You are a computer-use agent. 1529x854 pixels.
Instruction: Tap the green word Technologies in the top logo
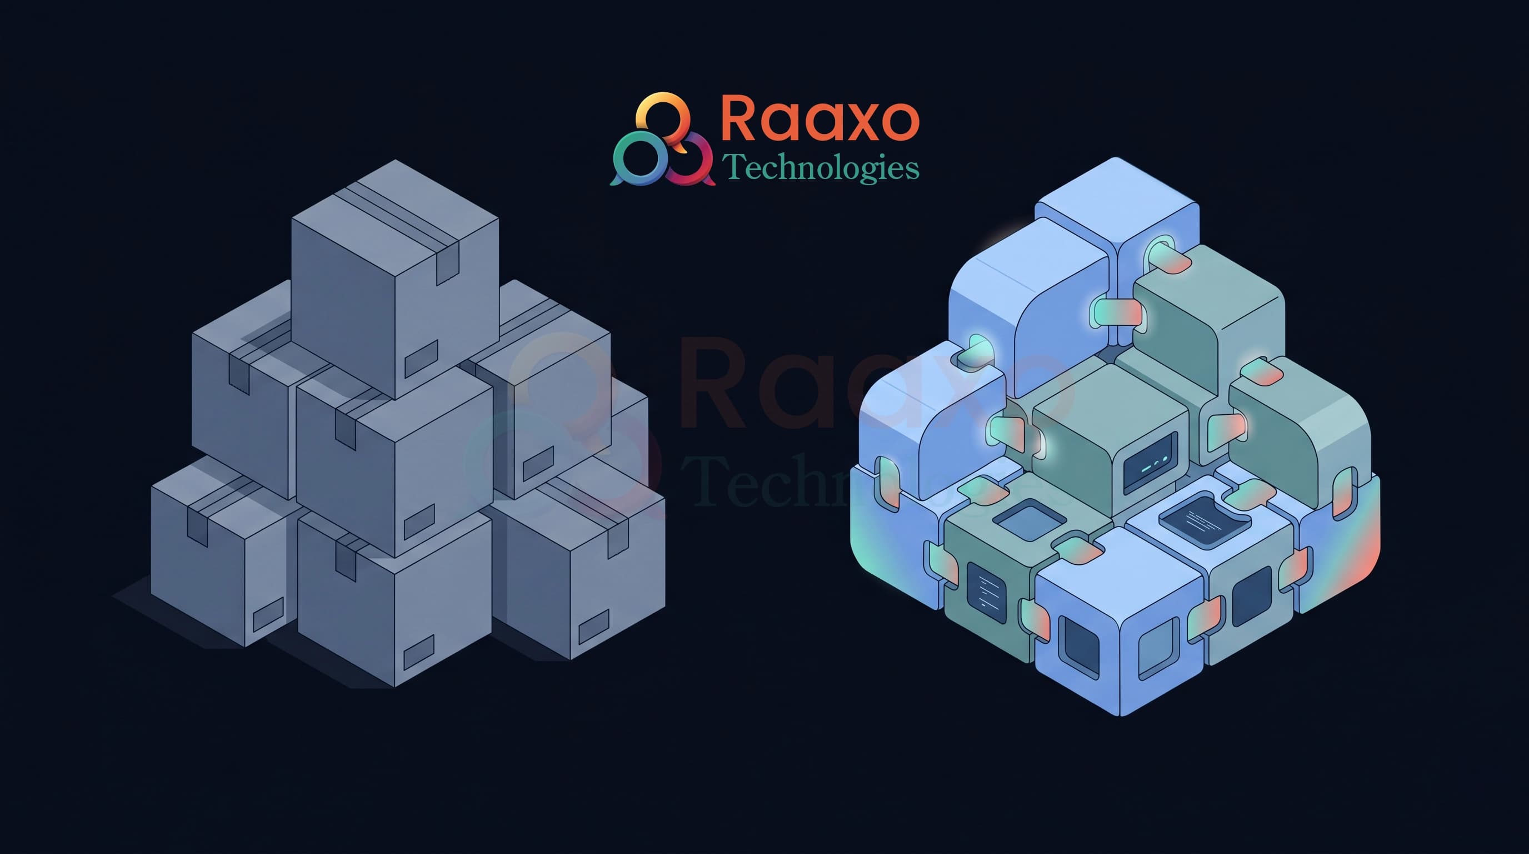pos(820,167)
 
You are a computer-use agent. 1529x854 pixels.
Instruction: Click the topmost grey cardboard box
pos(394,279)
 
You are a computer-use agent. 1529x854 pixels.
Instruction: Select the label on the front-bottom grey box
pos(418,652)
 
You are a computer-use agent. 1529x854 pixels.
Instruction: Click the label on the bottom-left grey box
pos(268,615)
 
